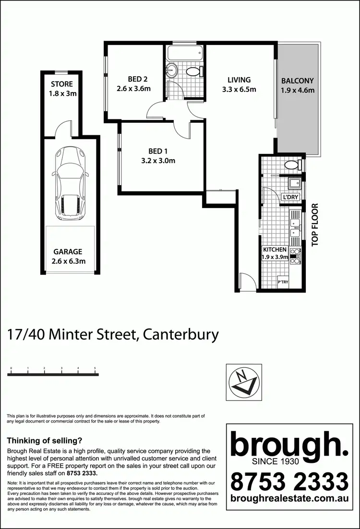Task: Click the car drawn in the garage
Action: (x=70, y=183)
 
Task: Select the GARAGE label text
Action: (x=68, y=251)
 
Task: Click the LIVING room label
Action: (x=239, y=80)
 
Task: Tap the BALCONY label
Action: (x=298, y=81)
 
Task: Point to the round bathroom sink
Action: (x=172, y=71)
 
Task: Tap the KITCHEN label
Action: (x=275, y=250)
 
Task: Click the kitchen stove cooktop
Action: (x=296, y=256)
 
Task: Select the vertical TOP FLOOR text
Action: (x=315, y=225)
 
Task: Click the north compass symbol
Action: (x=244, y=382)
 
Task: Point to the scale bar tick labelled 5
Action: (x=96, y=368)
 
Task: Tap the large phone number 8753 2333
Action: (x=289, y=480)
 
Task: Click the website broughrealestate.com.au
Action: (x=289, y=498)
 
